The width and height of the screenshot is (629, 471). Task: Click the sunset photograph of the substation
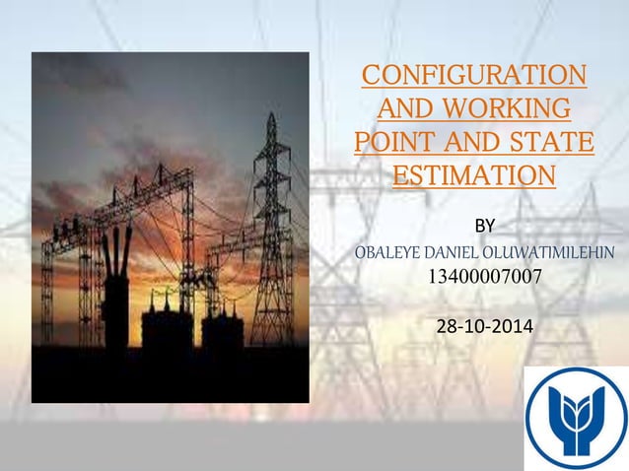(171, 227)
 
